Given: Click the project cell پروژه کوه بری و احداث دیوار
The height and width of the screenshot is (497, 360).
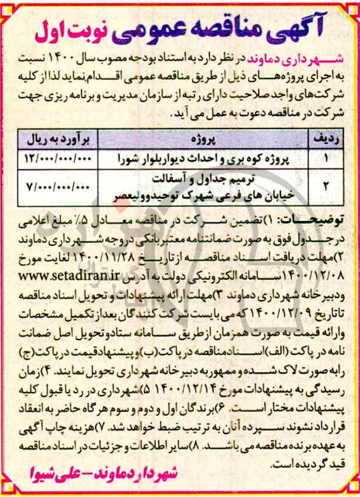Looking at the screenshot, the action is [209, 158].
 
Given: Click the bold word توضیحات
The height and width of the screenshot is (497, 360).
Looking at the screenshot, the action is [309, 219].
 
